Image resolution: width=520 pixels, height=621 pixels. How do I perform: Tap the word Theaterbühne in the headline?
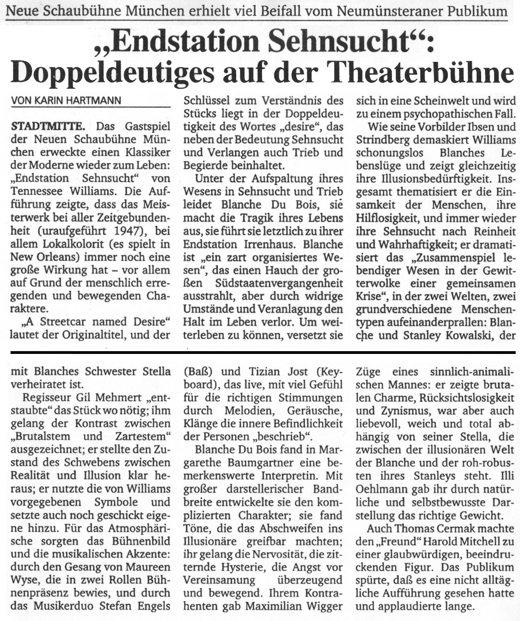coord(429,73)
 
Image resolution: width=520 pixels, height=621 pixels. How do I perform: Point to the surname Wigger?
coord(322,606)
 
